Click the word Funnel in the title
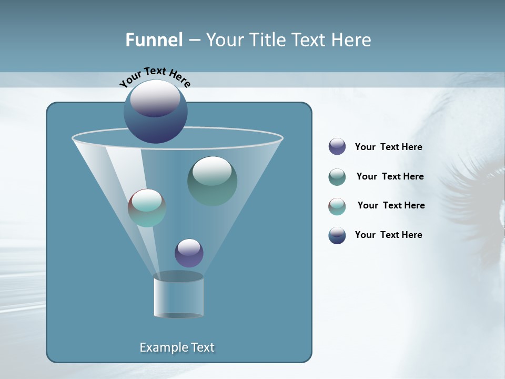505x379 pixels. pyautogui.click(x=154, y=40)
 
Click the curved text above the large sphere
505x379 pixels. pyautogui.click(x=155, y=76)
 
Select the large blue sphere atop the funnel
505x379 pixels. pyautogui.click(x=155, y=112)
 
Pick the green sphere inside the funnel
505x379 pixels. pyautogui.click(x=212, y=181)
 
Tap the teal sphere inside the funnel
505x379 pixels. pyautogui.click(x=147, y=208)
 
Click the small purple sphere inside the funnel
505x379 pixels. pyautogui.click(x=189, y=253)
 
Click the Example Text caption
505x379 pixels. pyautogui.click(x=177, y=347)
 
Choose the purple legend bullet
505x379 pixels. pyautogui.click(x=337, y=147)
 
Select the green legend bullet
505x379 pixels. pyautogui.click(x=337, y=177)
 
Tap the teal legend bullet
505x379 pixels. pyautogui.click(x=337, y=206)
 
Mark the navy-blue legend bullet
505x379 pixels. pyautogui.click(x=337, y=235)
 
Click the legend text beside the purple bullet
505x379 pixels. pyautogui.click(x=388, y=147)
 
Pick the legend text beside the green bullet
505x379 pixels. pyautogui.click(x=390, y=177)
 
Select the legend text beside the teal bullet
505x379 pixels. pyautogui.click(x=391, y=205)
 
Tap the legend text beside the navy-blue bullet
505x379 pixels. pyautogui.click(x=388, y=235)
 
